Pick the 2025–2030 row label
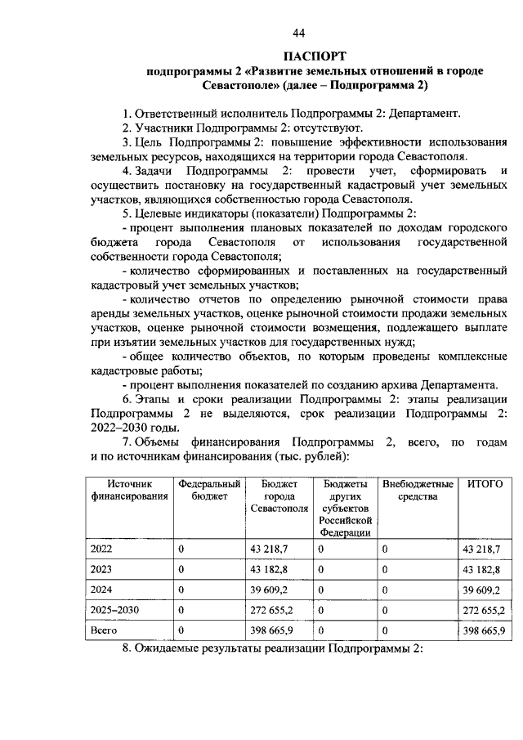click(114, 609)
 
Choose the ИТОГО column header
click(484, 484)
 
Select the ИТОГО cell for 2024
click(482, 589)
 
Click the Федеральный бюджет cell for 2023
click(181, 568)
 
